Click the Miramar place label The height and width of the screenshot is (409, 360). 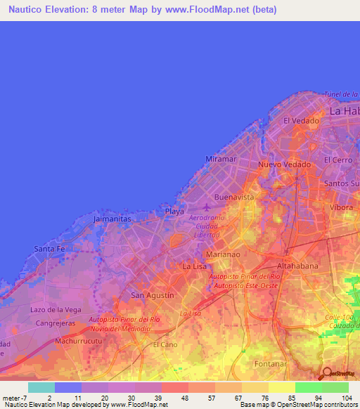(x=220, y=160)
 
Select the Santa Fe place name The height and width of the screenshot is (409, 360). (x=50, y=249)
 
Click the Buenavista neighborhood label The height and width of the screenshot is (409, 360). (x=234, y=197)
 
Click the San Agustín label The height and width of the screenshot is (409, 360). (x=153, y=295)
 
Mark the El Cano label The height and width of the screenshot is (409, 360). (x=166, y=344)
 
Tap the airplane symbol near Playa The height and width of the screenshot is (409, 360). (x=205, y=208)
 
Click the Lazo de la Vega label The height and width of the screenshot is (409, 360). (x=56, y=309)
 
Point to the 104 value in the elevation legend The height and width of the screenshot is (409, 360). (x=345, y=397)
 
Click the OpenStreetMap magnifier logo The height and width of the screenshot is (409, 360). (x=326, y=373)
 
